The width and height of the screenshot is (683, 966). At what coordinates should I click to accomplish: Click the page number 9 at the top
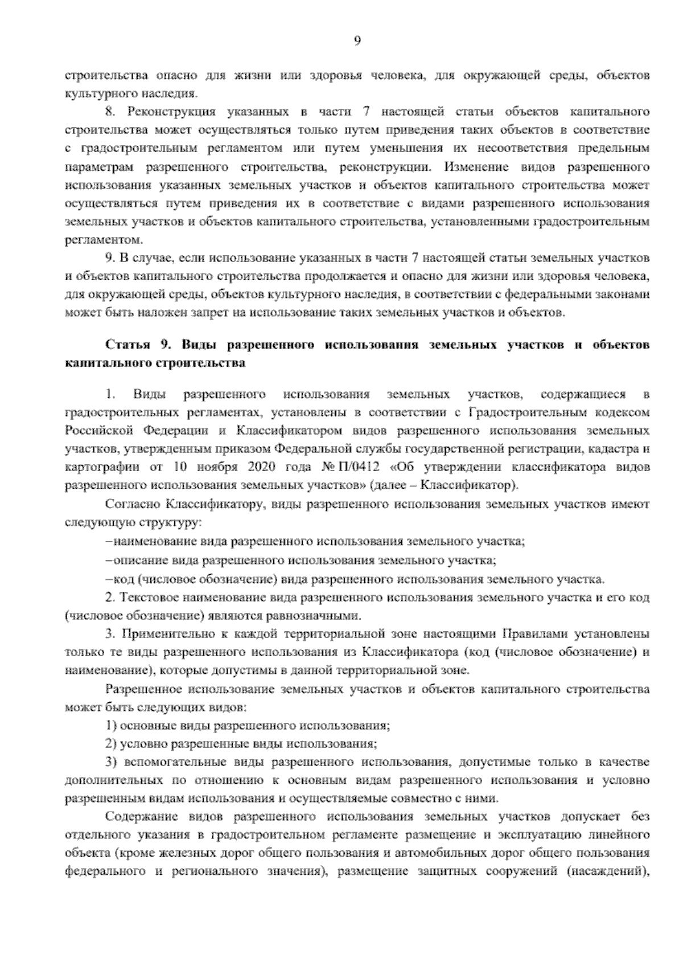[357, 40]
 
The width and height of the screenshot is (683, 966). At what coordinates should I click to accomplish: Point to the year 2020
[262, 468]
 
